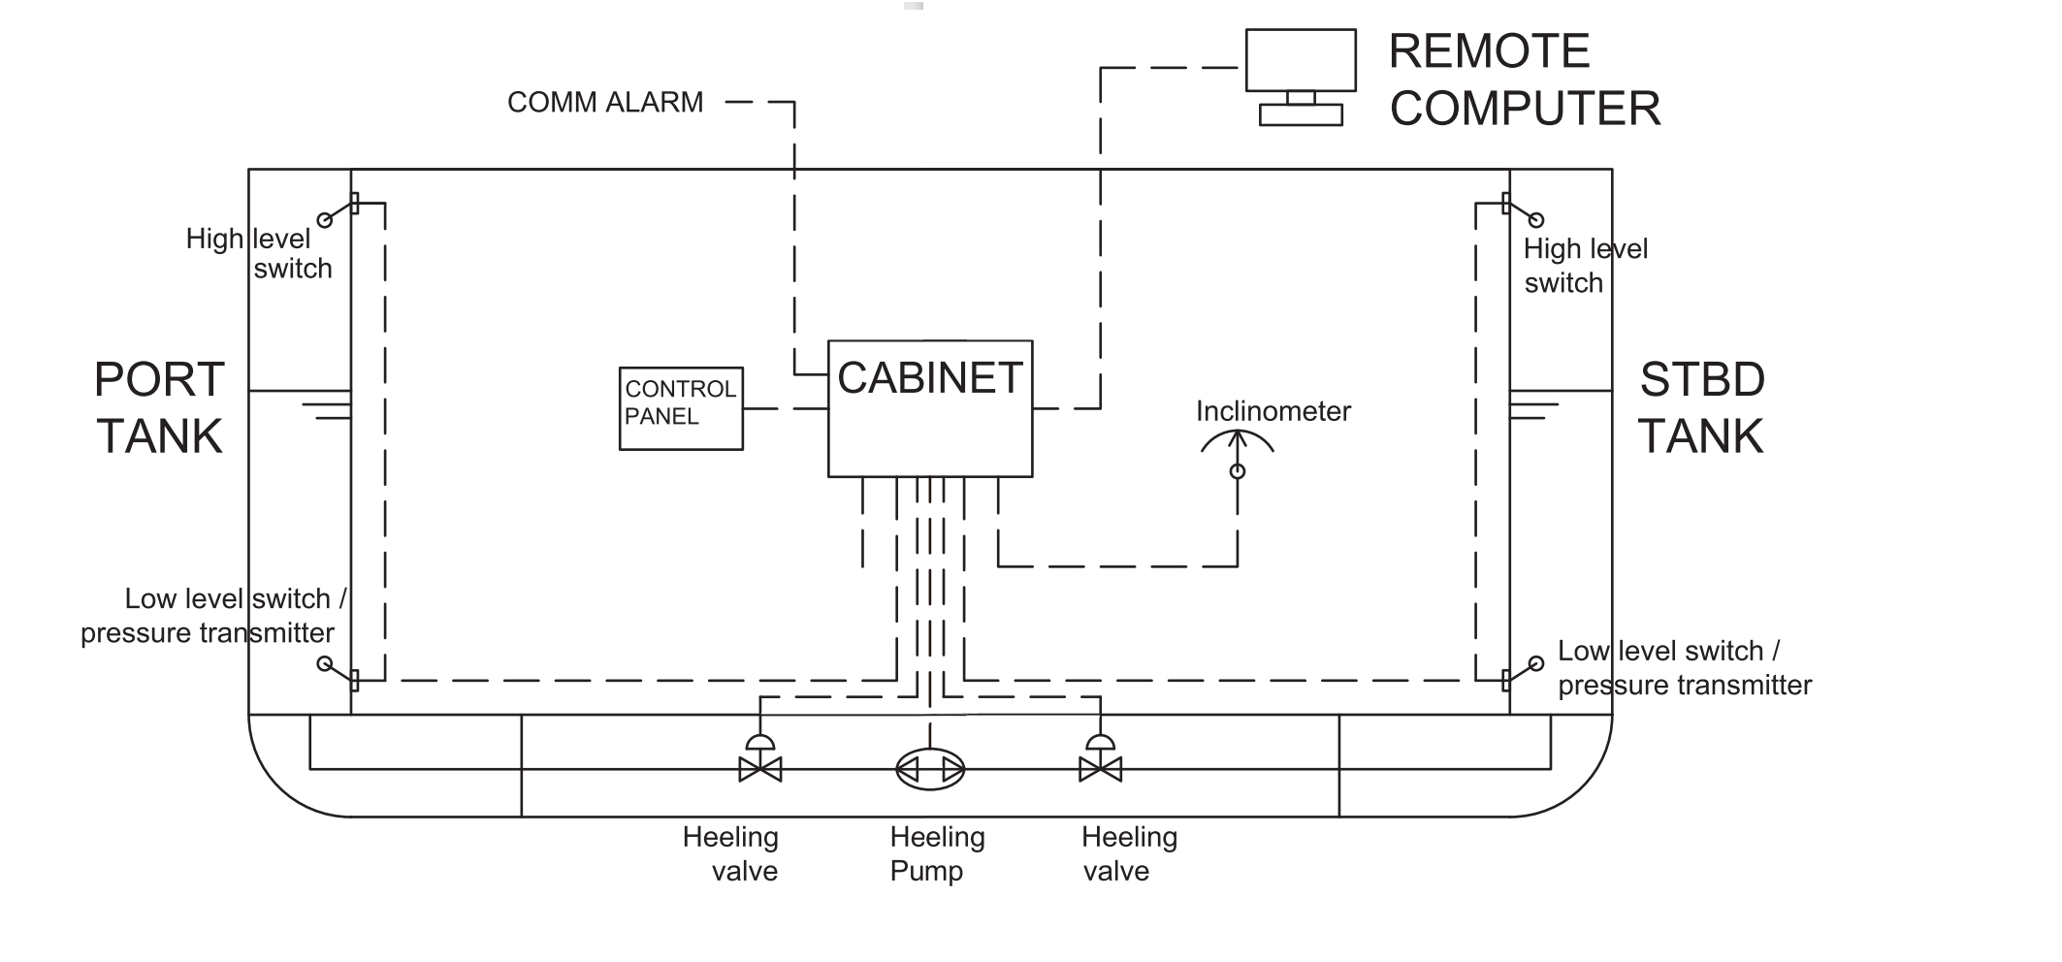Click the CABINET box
click(929, 408)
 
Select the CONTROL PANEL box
click(681, 408)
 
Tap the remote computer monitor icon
click(1300, 60)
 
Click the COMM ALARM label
click(605, 102)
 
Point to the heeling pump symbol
click(929, 770)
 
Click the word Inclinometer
click(1273, 411)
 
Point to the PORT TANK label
click(160, 407)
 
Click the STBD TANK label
click(1701, 407)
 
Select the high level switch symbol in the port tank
click(339, 211)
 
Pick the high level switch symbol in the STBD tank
click(1521, 211)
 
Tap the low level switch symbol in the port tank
click(339, 672)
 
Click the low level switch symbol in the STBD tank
click(1521, 672)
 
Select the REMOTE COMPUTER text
click(1523, 80)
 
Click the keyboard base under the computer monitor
click(1300, 115)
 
